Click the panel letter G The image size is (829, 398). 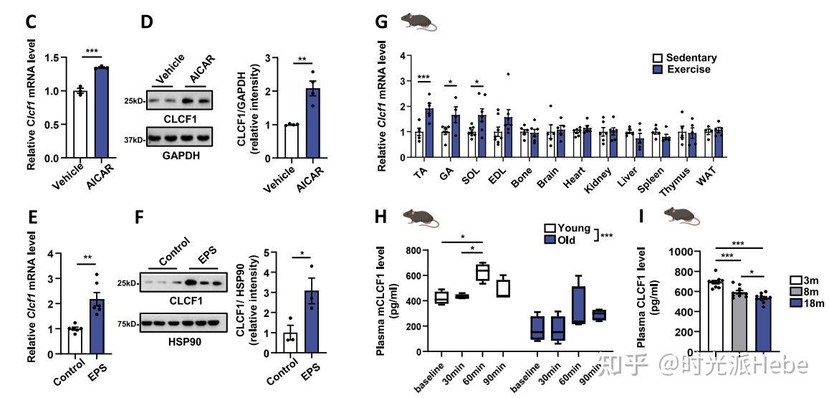[x=383, y=22]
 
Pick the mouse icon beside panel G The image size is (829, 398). [x=419, y=22]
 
